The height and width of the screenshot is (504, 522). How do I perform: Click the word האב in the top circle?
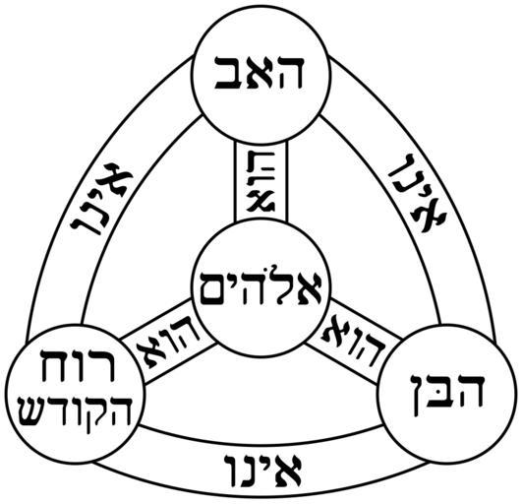pos(260,72)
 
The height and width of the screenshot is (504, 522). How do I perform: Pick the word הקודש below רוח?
pos(76,412)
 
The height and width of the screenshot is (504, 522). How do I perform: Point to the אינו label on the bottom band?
pos(263,470)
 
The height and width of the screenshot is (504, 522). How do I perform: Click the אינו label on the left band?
pos(101,199)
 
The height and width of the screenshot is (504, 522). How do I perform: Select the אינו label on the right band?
pos(419,193)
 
